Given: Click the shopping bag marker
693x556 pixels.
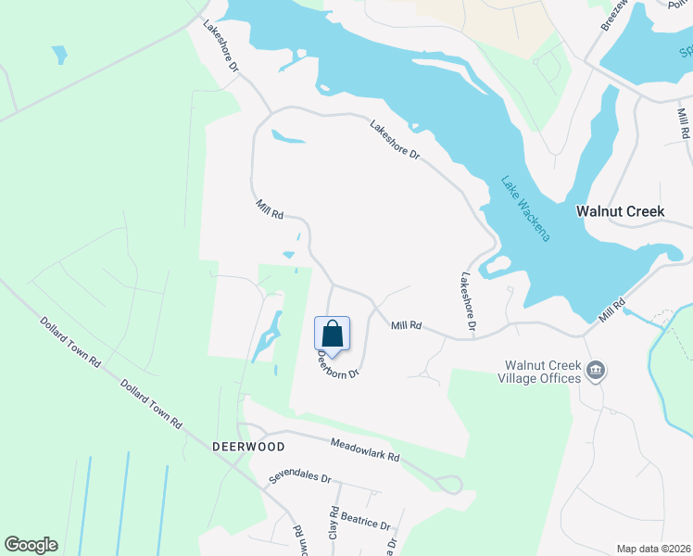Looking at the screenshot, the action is [333, 334].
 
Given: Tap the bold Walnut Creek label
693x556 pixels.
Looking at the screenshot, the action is [620, 211].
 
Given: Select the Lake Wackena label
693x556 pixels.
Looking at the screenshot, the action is [526, 208].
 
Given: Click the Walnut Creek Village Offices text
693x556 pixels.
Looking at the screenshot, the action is [542, 372].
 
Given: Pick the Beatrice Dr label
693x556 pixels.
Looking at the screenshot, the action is [367, 524].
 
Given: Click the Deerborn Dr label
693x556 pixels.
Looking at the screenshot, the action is [337, 362].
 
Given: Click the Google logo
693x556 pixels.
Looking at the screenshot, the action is [31, 545].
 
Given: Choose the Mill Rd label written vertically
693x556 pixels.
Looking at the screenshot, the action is [683, 124].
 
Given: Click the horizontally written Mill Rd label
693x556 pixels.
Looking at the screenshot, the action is [406, 326].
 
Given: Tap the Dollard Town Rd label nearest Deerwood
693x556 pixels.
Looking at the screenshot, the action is [150, 400].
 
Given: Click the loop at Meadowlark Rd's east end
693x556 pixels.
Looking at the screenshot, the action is [451, 484].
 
